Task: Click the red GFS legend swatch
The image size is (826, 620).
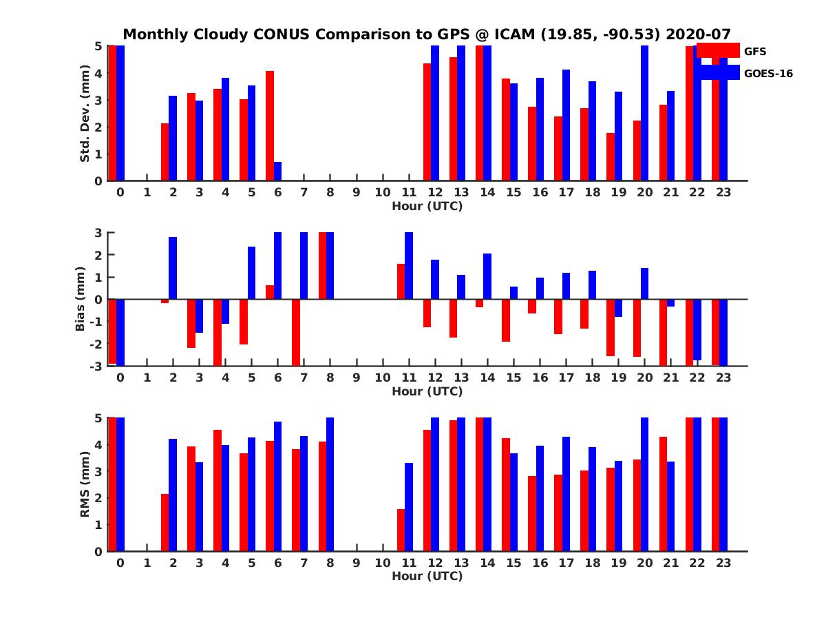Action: tap(717, 50)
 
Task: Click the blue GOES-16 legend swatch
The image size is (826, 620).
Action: tap(717, 72)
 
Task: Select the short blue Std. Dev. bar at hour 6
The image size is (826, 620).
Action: tap(277, 172)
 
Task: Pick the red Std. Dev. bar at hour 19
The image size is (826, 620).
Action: tap(611, 157)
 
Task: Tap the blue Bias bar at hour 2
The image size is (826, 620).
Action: tap(173, 268)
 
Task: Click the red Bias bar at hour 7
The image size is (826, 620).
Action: tap(296, 332)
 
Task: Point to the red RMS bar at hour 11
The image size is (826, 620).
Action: tap(401, 530)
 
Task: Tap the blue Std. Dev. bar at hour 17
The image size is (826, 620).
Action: tap(566, 125)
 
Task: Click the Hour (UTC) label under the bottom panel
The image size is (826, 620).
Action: tap(427, 576)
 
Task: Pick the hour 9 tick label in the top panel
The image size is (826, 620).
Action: tap(357, 192)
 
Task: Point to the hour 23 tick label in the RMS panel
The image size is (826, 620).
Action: tap(723, 563)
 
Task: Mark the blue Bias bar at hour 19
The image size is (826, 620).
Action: tap(618, 308)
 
